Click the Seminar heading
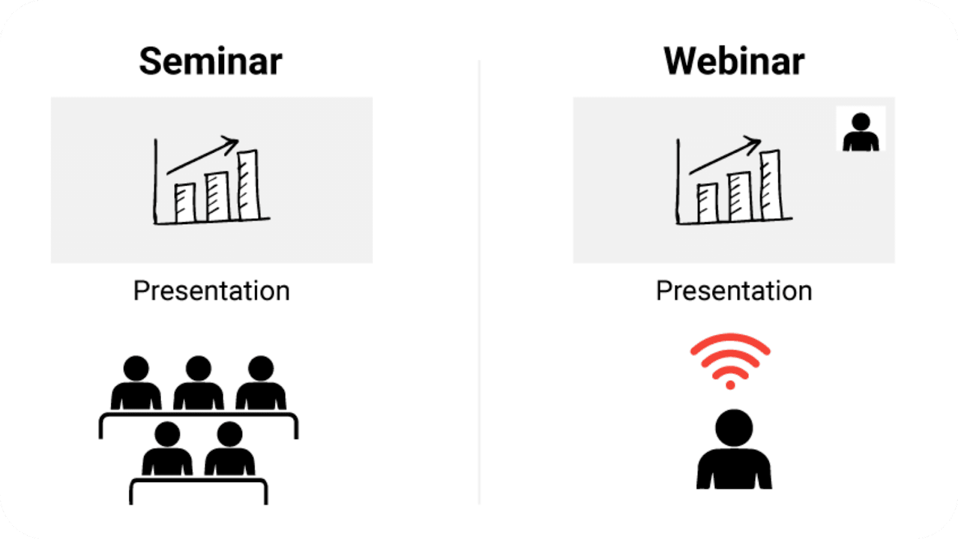210,62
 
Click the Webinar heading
734,62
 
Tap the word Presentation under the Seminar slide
211,291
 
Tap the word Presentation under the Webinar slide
734,291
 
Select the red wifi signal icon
730,360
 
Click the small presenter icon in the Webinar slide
861,132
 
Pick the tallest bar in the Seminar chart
249,185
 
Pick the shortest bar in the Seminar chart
185,203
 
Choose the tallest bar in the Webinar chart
771,185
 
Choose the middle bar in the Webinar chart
740,197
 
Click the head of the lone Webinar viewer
734,428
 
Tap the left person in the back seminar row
136,383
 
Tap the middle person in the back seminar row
198,383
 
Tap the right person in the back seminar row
261,383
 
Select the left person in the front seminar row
167,449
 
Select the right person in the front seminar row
230,449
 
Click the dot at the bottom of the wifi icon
730,385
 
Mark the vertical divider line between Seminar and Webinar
479,282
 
